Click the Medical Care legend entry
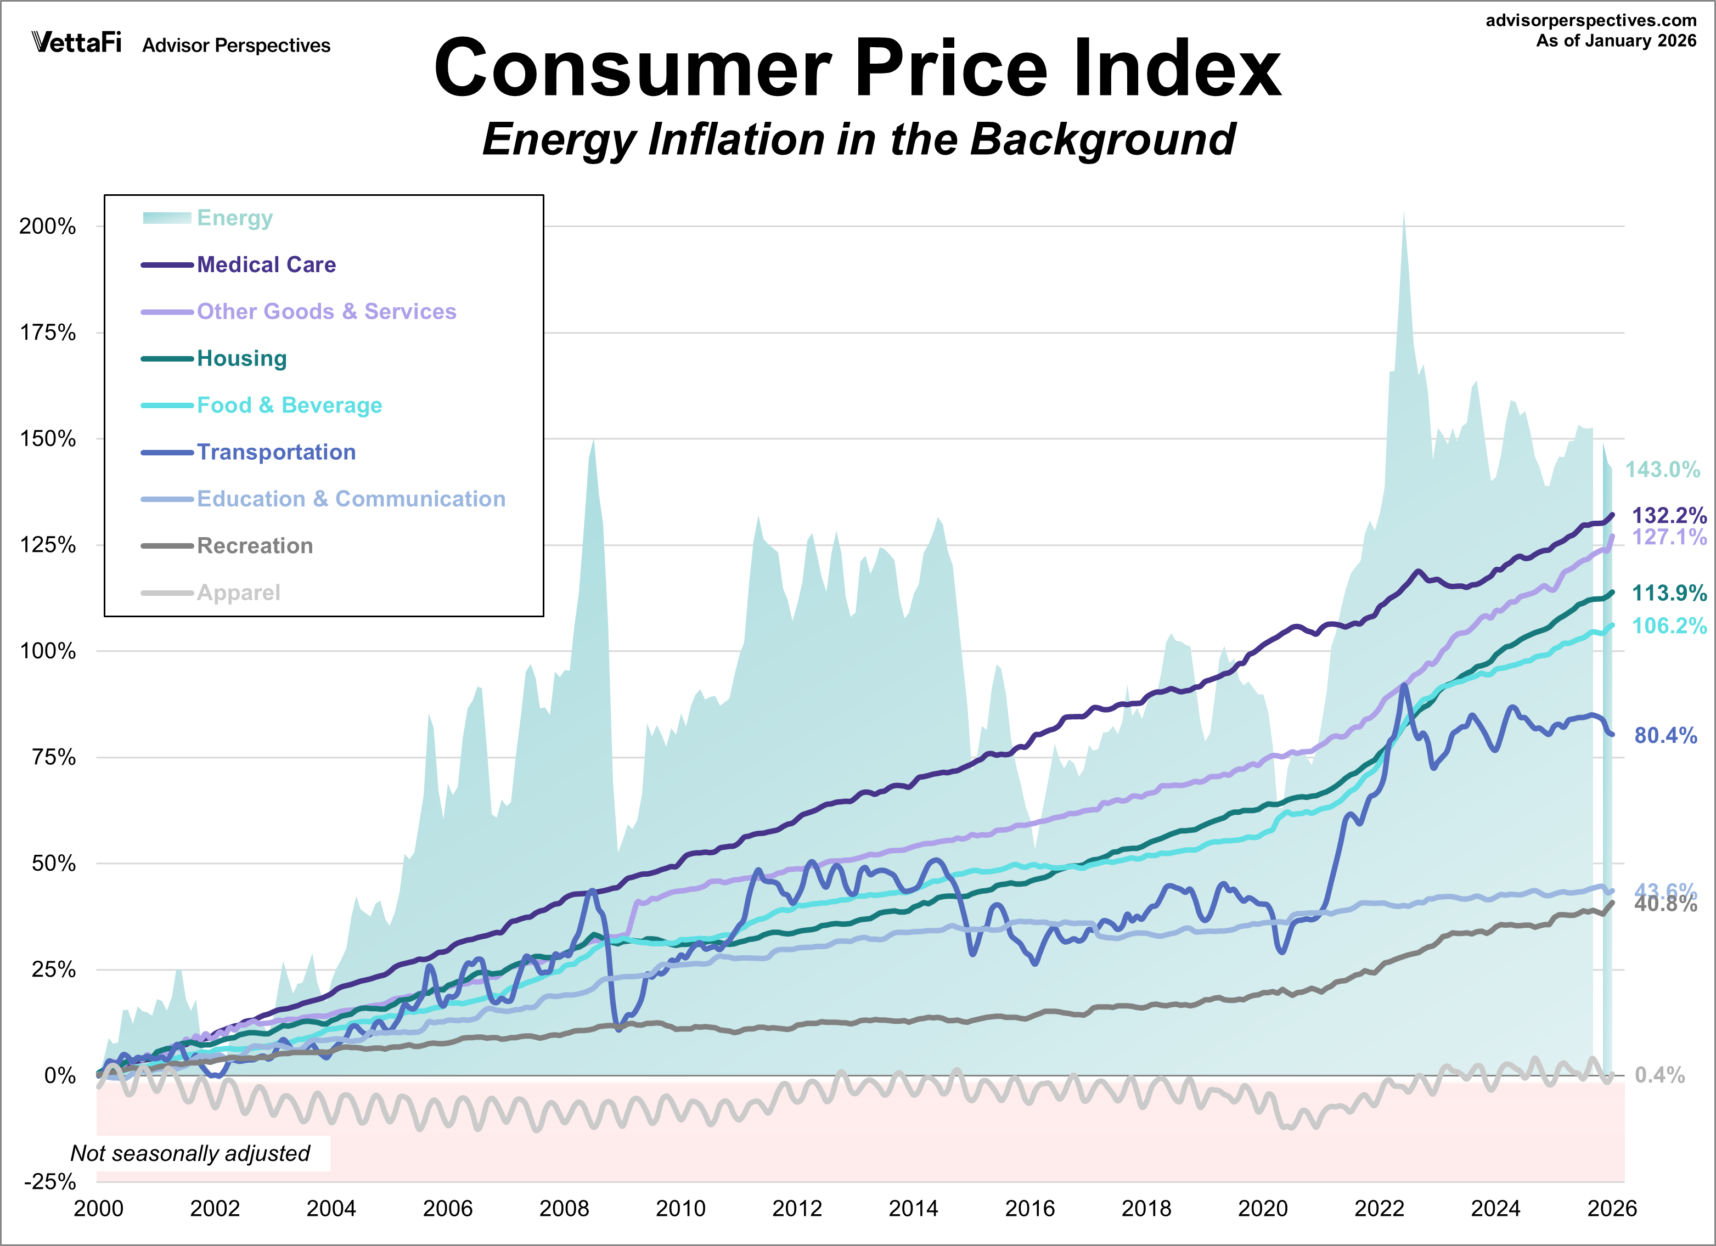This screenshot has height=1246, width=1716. (x=266, y=265)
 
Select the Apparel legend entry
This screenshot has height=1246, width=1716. (x=238, y=593)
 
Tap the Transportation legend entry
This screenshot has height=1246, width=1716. (x=276, y=453)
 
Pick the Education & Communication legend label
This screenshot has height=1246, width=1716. (x=351, y=499)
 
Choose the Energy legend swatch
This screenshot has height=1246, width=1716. (x=166, y=218)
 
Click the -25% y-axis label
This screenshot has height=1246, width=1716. (x=50, y=1182)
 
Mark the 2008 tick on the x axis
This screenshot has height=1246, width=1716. (x=564, y=1209)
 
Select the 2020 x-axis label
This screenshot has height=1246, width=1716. (x=1262, y=1209)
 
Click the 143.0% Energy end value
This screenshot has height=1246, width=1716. (x=1662, y=470)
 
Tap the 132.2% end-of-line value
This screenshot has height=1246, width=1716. (x=1668, y=516)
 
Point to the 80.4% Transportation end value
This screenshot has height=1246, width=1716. (x=1666, y=735)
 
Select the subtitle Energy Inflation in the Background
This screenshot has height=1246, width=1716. (x=859, y=140)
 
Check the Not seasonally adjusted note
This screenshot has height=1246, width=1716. (x=190, y=1154)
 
